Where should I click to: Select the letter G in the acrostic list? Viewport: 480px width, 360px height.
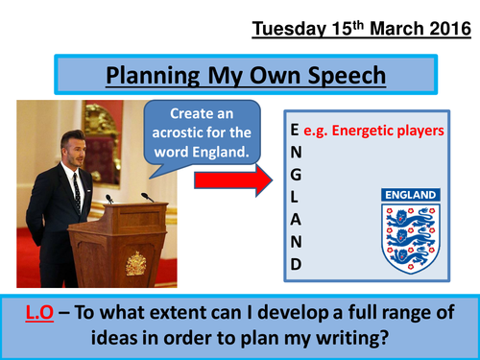[295, 173]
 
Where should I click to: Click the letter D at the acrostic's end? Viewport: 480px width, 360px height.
[295, 262]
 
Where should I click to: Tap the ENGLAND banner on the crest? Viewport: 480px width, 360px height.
[409, 194]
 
